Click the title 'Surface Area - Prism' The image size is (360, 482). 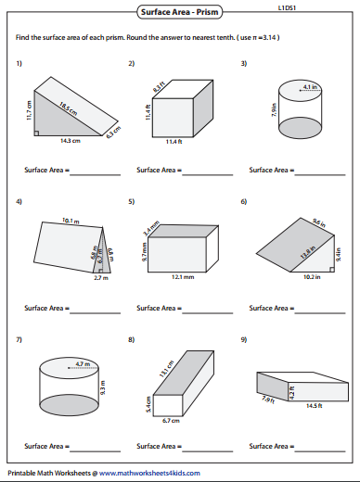coord(179,12)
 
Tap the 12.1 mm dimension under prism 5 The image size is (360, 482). coord(182,277)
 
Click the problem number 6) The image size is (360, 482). coord(243,201)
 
